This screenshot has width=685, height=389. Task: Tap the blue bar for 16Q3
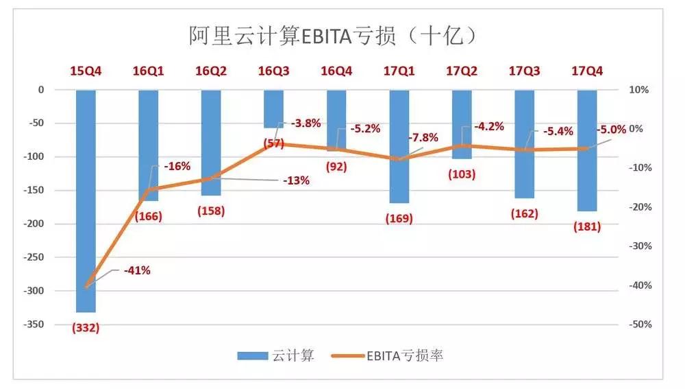(x=273, y=108)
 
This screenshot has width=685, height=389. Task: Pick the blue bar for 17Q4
(x=587, y=150)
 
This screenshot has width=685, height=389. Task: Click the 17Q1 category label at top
(x=399, y=71)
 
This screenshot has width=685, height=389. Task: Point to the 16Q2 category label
(x=212, y=71)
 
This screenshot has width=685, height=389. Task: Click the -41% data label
(x=137, y=270)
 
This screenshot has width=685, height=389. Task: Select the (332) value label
(x=86, y=328)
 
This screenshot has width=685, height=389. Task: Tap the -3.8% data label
(x=306, y=123)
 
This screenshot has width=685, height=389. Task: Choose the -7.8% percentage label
(x=423, y=138)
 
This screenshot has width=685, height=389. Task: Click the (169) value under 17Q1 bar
(x=399, y=219)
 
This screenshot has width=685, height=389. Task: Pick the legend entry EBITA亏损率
(x=391, y=355)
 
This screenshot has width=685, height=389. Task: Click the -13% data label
(x=296, y=181)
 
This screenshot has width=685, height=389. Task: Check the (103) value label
(x=462, y=174)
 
